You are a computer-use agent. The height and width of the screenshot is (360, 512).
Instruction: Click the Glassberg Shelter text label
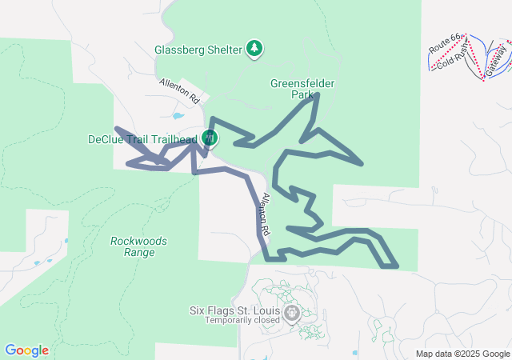click(x=198, y=50)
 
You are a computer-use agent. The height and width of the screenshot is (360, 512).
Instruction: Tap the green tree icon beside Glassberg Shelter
click(x=255, y=49)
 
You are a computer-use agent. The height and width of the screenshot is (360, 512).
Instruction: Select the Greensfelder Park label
click(x=302, y=88)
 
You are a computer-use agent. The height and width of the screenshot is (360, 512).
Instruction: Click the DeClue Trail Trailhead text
click(x=142, y=139)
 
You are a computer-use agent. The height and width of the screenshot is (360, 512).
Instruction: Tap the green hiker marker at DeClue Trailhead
click(x=209, y=138)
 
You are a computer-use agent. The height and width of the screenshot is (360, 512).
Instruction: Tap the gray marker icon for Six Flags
click(x=293, y=311)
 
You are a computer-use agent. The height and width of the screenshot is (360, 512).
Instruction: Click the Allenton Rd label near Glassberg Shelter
click(x=179, y=92)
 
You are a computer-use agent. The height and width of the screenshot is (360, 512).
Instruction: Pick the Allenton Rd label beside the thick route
click(x=266, y=214)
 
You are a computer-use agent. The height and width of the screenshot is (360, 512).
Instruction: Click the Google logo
click(x=26, y=350)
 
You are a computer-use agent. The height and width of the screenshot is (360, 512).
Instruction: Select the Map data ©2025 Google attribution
click(x=462, y=354)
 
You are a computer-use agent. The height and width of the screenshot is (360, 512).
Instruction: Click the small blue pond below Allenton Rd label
click(x=178, y=115)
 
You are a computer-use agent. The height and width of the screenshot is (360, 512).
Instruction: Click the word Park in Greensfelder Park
click(x=302, y=94)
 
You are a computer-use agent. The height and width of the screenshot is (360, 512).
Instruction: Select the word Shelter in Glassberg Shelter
click(x=222, y=50)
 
